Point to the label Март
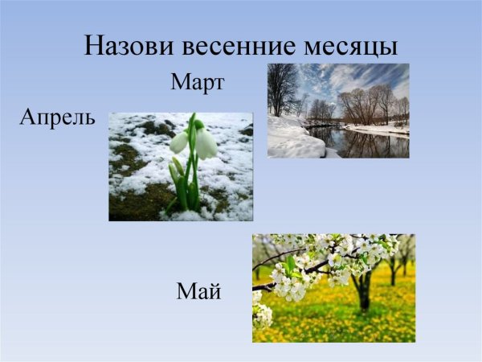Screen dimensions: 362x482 click(197, 82)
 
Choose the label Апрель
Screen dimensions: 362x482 click(58, 118)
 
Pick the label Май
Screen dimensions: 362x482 click(198, 291)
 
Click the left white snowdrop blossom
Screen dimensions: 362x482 click(179, 142)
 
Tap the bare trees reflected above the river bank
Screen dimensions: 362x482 click(366, 105)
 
